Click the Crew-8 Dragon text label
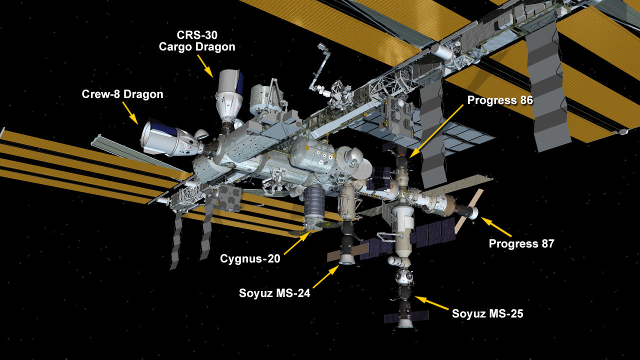coord(122,94)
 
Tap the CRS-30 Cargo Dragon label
coord(197,41)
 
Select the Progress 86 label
coord(500,100)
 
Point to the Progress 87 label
coord(521,244)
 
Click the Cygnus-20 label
coord(250,258)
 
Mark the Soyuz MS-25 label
coord(487,314)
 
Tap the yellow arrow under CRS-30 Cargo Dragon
coord(205,65)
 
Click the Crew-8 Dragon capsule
coord(162,137)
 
